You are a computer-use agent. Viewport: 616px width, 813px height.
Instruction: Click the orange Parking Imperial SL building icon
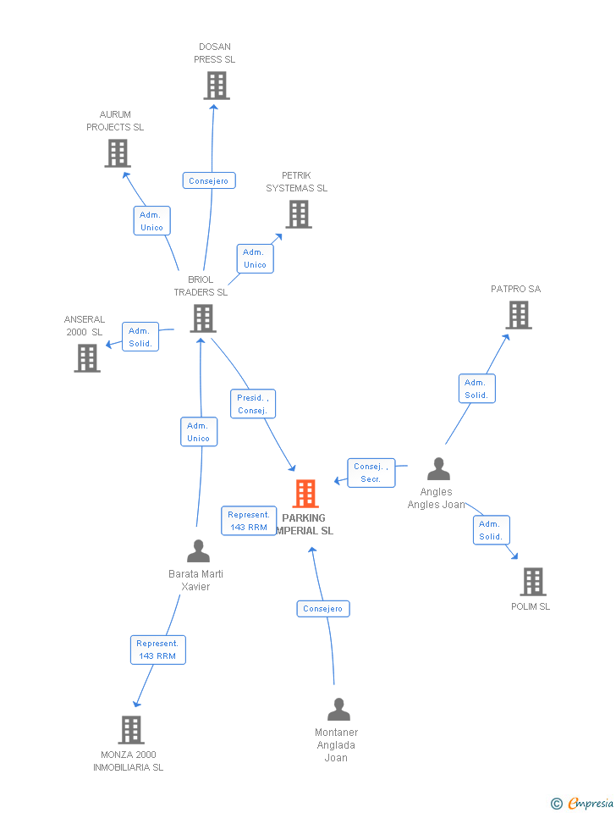[x=305, y=494]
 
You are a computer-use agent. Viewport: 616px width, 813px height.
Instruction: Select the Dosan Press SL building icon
[x=217, y=86]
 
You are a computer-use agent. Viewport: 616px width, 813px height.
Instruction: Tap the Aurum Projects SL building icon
[x=118, y=153]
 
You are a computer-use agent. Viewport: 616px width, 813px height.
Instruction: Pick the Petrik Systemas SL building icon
[x=299, y=214]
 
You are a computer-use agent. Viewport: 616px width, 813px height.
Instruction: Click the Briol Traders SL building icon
[x=203, y=318]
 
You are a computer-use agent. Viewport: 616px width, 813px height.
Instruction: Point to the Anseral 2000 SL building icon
[x=87, y=358]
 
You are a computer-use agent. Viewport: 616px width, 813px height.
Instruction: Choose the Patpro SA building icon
[x=519, y=315]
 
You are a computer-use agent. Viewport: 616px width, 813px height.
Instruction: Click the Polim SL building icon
[x=533, y=582]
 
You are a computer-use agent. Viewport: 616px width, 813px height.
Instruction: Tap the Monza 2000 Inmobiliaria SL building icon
[x=131, y=730]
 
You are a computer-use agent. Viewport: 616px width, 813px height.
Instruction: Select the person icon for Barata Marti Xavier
[x=198, y=551]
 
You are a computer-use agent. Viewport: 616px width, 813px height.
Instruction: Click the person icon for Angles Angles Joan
[x=438, y=469]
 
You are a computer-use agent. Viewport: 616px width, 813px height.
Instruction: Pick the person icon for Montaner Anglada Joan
[x=338, y=710]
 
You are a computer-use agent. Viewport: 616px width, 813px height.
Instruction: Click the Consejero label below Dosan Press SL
[x=208, y=180]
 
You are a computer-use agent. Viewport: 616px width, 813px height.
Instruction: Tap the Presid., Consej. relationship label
[x=253, y=404]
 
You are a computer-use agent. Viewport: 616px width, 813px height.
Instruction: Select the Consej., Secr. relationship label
[x=371, y=473]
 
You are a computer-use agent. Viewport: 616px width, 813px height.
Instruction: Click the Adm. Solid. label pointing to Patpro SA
[x=476, y=389]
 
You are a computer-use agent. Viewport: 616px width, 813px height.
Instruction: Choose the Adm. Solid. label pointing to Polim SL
[x=491, y=530]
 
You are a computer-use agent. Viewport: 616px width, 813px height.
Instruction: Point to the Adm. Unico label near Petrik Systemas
[x=255, y=258]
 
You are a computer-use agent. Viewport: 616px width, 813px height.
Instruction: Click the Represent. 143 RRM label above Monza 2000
[x=157, y=650]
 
